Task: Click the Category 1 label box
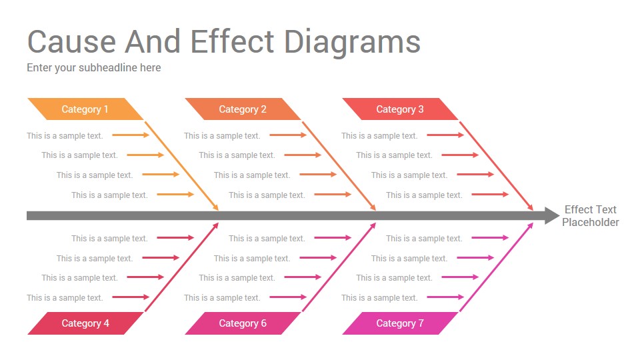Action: pyautogui.click(x=85, y=109)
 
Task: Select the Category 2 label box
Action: pyautogui.click(x=243, y=109)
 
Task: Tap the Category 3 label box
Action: pyautogui.click(x=400, y=109)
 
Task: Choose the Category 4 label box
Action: pyautogui.click(x=85, y=323)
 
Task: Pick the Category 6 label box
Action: pyautogui.click(x=243, y=323)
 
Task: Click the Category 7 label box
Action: pyautogui.click(x=400, y=323)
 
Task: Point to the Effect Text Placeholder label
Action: pyautogui.click(x=590, y=216)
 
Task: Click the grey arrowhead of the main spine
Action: pyautogui.click(x=552, y=215)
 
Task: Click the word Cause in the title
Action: pyautogui.click(x=72, y=41)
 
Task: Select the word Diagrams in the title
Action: pyautogui.click(x=352, y=43)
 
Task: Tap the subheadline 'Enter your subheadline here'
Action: pyautogui.click(x=94, y=68)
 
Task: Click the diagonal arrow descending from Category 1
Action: pyautogui.click(x=181, y=166)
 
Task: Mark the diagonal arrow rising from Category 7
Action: pyautogui.click(x=496, y=267)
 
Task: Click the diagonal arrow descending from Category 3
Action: pyautogui.click(x=496, y=166)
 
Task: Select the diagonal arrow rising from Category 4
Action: pyautogui.click(x=181, y=267)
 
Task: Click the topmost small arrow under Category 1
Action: pyautogui.click(x=131, y=135)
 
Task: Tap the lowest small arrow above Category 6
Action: pyautogui.click(x=288, y=297)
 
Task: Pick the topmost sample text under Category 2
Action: pyautogui.click(x=222, y=136)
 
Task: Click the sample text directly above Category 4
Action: pyautogui.click(x=65, y=298)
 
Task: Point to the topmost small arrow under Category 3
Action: pyautogui.click(x=445, y=135)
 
